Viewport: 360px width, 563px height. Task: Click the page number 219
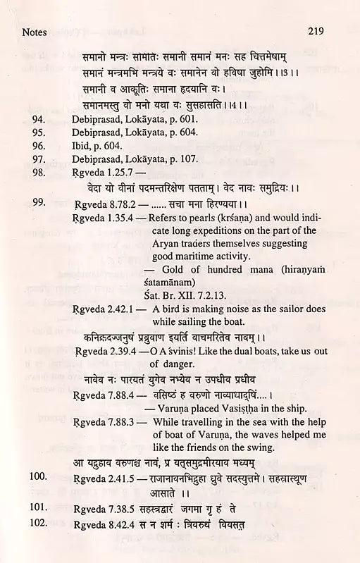click(x=316, y=32)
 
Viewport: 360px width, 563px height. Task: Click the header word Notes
click(x=35, y=32)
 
